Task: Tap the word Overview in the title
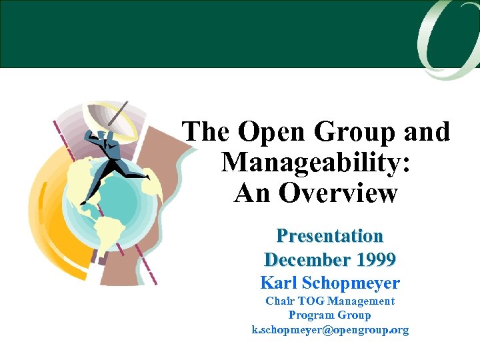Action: pos(338,193)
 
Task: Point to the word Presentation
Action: pos(330,236)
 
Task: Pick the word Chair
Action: pos(281,301)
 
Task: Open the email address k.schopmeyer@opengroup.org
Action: pos(330,329)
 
